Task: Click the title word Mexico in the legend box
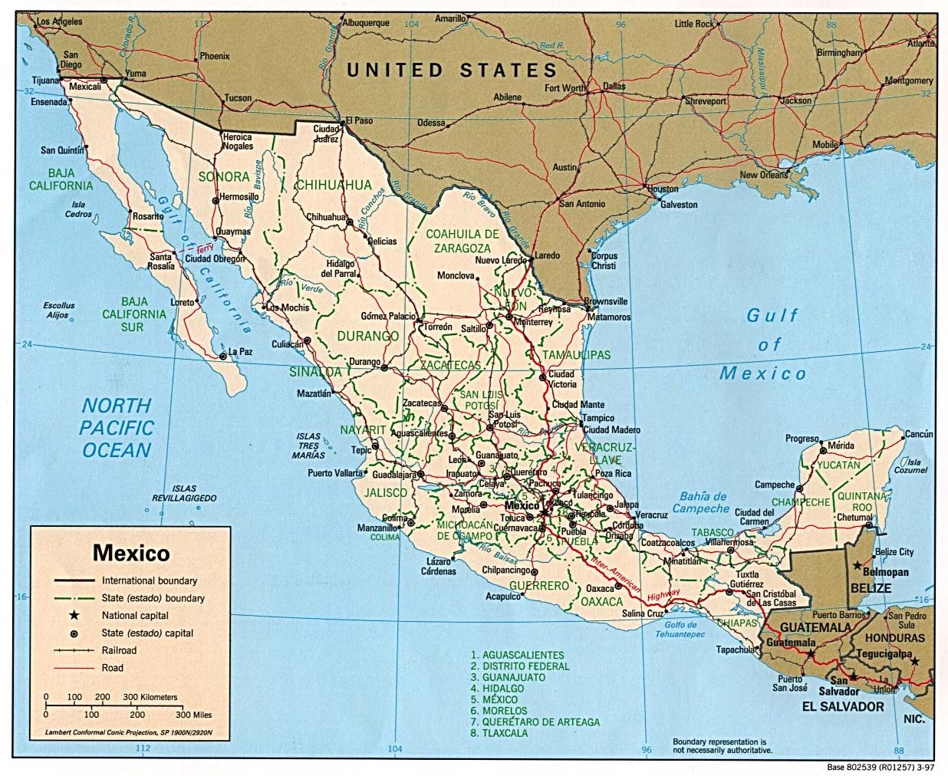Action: click(131, 553)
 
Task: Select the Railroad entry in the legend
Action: click(119, 650)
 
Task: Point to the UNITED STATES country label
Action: click(453, 71)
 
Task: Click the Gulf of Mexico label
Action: click(764, 344)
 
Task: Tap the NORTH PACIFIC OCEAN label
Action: click(117, 428)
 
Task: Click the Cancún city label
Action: click(918, 434)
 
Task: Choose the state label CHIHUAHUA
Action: click(333, 185)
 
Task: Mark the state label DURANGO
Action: click(367, 336)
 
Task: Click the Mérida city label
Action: click(840, 446)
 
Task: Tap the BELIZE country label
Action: click(871, 588)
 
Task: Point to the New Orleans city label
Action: click(764, 175)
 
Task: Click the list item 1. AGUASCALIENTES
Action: click(517, 656)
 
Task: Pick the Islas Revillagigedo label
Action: click(184, 493)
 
